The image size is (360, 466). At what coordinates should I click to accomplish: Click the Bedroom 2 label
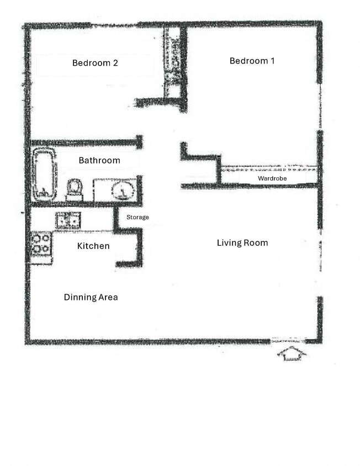click(95, 63)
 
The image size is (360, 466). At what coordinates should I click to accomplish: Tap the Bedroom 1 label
click(252, 61)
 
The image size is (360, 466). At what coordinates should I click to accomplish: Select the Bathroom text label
click(99, 161)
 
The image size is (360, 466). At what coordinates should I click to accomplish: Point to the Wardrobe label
click(272, 178)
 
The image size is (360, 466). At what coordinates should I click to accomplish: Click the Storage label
click(137, 218)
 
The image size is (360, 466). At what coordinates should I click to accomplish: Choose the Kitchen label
click(93, 246)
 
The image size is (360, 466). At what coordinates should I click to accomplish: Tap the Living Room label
click(242, 242)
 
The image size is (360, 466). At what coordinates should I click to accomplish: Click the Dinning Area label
click(91, 297)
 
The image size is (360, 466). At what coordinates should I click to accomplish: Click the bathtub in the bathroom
click(44, 174)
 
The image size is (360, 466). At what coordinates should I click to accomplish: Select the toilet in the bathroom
click(75, 189)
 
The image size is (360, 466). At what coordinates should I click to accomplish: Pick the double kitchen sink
click(68, 220)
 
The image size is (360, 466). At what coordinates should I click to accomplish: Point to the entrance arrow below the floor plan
click(292, 353)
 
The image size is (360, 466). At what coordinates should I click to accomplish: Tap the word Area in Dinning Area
click(107, 297)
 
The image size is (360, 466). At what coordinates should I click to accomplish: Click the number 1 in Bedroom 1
click(272, 61)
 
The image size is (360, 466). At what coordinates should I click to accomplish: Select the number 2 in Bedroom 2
click(115, 63)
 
